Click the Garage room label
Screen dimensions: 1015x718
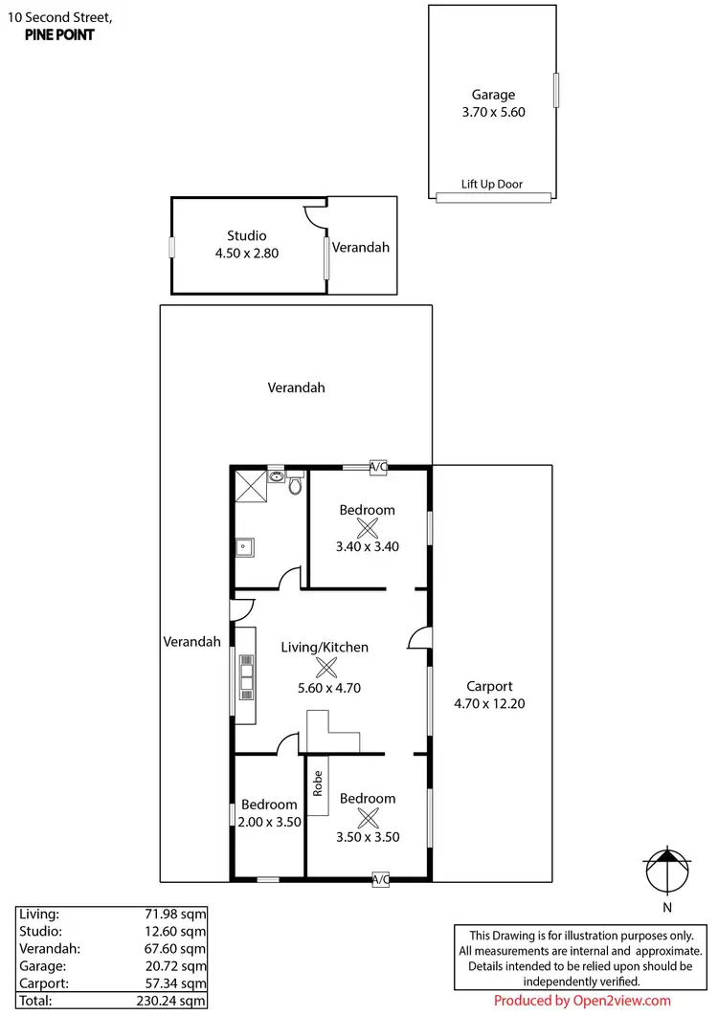tap(493, 95)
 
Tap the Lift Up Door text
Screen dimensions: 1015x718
tap(492, 185)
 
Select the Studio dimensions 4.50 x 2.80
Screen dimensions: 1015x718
tap(246, 254)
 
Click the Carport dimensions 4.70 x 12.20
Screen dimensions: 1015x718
tap(489, 703)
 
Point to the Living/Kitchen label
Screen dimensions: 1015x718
tap(325, 648)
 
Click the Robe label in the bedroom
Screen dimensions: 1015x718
tap(318, 784)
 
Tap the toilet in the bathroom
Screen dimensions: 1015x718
tap(295, 487)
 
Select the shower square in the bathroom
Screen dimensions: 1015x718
tap(252, 487)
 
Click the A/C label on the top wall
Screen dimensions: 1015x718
tap(378, 467)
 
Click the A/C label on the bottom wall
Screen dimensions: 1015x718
tap(380, 878)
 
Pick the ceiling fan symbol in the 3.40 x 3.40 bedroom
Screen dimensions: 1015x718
tap(367, 528)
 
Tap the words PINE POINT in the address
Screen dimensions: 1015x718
tap(59, 34)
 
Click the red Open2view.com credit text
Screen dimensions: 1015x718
tap(581, 1001)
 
